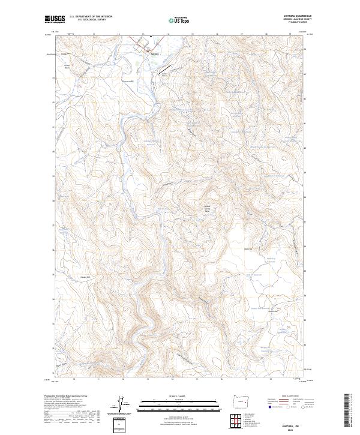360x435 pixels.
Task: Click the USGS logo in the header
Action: (x=53, y=19)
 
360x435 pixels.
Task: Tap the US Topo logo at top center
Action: (x=179, y=20)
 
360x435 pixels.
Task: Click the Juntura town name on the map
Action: (x=155, y=53)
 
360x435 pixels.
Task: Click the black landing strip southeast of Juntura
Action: (x=164, y=74)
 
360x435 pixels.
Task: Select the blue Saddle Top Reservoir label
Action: (x=270, y=260)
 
